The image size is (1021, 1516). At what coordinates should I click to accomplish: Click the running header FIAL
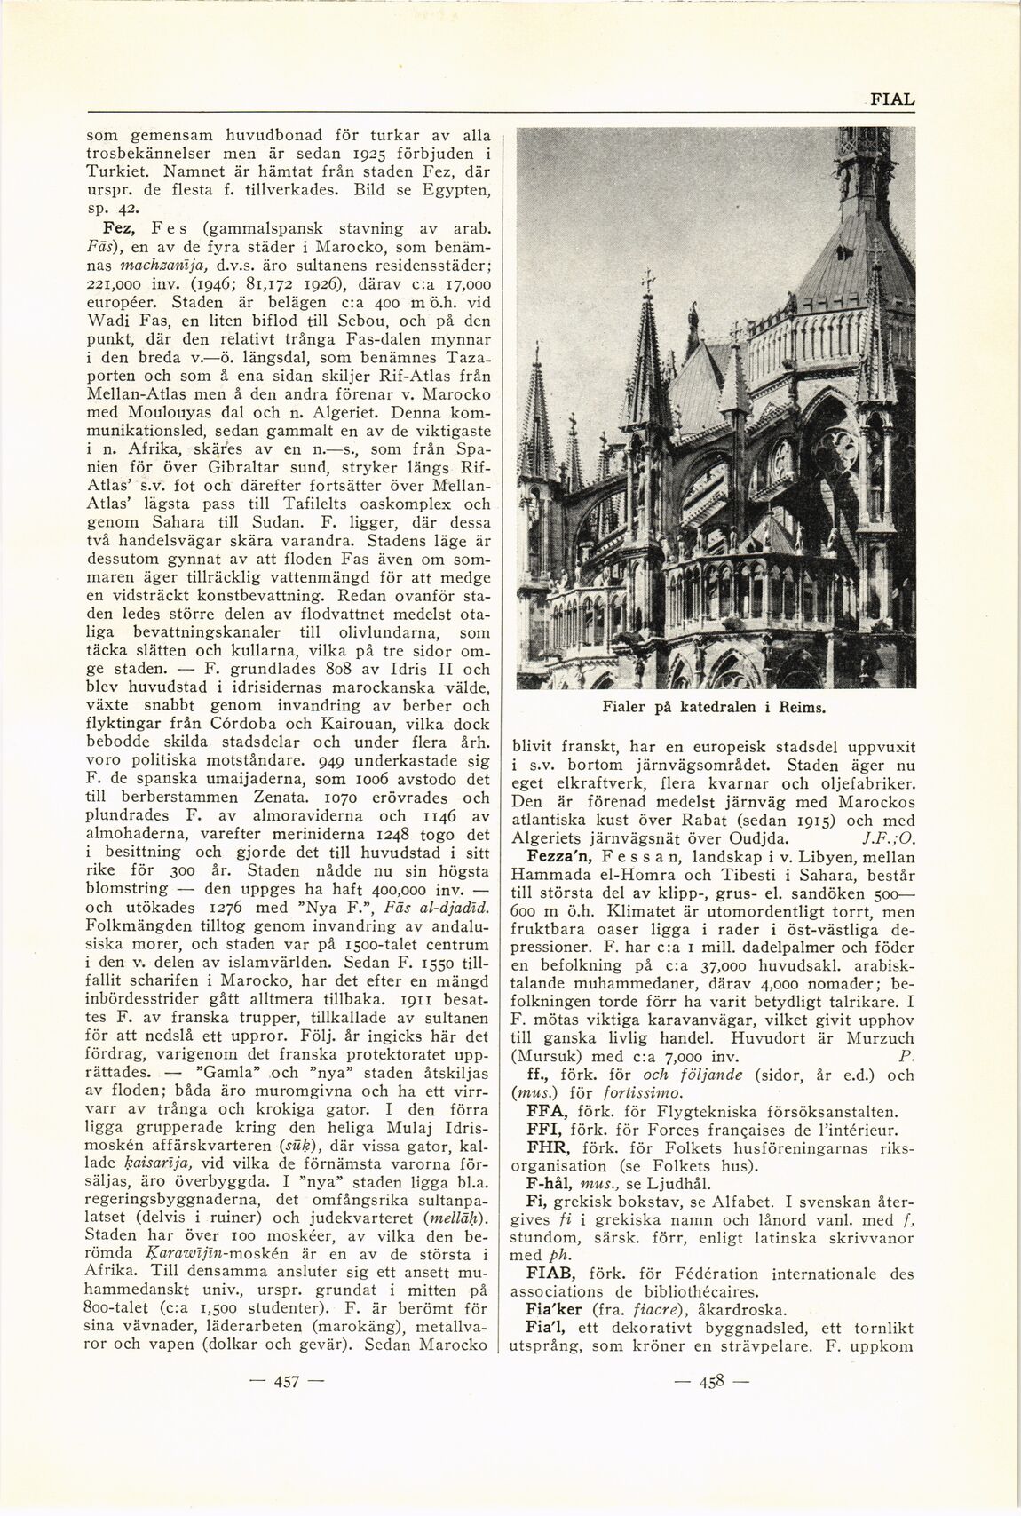pos(891,99)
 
